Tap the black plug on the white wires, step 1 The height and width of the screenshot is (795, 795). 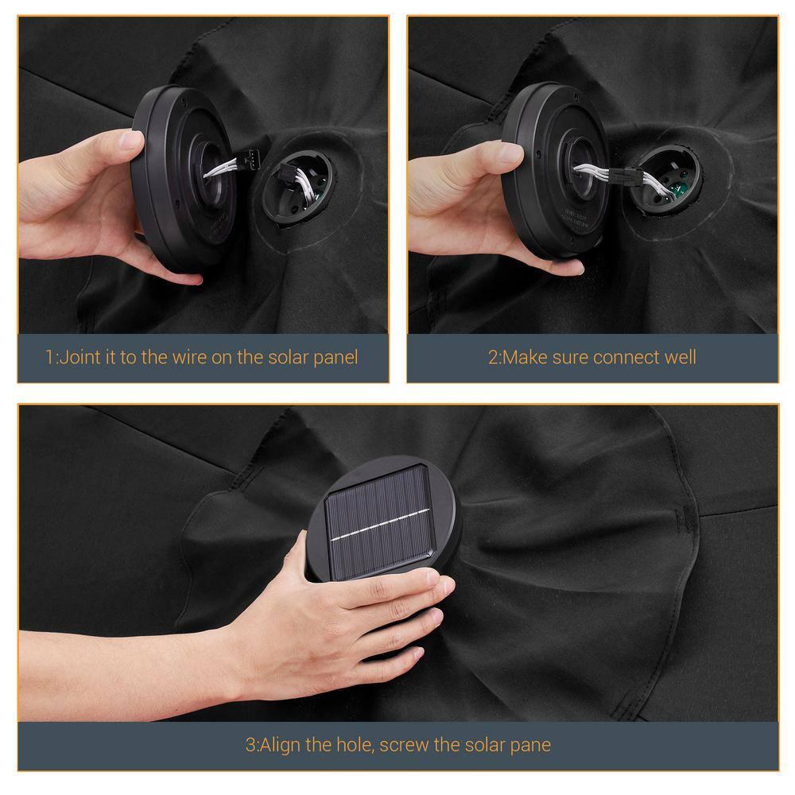click(250, 158)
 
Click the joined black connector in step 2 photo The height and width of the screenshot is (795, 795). click(622, 177)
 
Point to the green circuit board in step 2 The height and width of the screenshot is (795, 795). click(677, 191)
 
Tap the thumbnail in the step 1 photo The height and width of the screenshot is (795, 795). click(130, 141)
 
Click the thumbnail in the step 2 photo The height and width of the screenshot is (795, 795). click(511, 152)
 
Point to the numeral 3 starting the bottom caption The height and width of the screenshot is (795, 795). click(250, 746)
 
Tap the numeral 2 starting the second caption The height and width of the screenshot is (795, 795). click(493, 358)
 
